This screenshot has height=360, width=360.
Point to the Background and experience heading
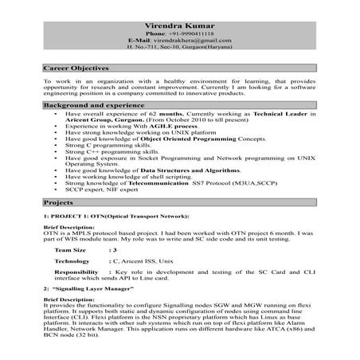point(91,105)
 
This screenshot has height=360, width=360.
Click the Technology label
point(72,261)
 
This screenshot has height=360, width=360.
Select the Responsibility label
point(77,273)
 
